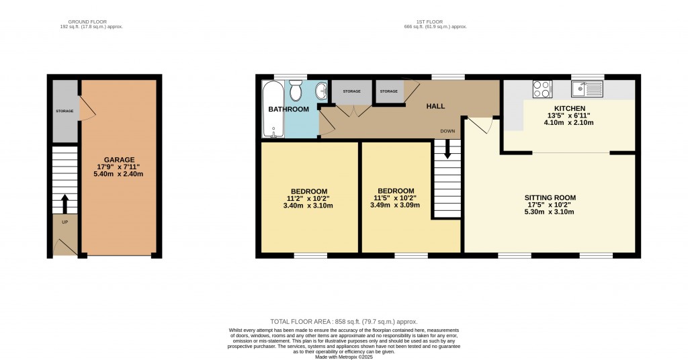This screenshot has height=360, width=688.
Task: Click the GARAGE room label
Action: pyautogui.click(x=119, y=159)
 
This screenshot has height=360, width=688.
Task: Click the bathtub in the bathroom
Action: pyautogui.click(x=273, y=109)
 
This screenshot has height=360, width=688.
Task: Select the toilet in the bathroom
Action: pyautogui.click(x=296, y=91)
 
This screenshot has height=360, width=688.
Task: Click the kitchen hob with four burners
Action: pyautogui.click(x=542, y=88)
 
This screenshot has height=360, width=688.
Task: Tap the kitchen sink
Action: pyautogui.click(x=588, y=88)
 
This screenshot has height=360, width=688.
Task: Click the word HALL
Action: pyautogui.click(x=435, y=106)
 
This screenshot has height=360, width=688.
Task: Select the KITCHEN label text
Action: pyautogui.click(x=569, y=108)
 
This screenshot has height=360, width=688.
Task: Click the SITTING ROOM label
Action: pyautogui.click(x=550, y=197)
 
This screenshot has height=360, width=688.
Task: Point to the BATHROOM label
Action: pyautogui.click(x=288, y=109)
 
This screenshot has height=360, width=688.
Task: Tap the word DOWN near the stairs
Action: pyautogui.click(x=447, y=130)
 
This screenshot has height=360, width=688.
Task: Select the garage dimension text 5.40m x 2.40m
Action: pyautogui.click(x=119, y=174)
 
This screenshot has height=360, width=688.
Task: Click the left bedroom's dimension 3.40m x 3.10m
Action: pyautogui.click(x=309, y=205)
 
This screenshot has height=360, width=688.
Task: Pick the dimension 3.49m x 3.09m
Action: pyautogui.click(x=395, y=205)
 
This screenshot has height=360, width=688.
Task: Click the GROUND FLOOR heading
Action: pyautogui.click(x=91, y=21)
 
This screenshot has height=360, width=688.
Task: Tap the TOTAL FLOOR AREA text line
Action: pyautogui.click(x=343, y=322)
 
